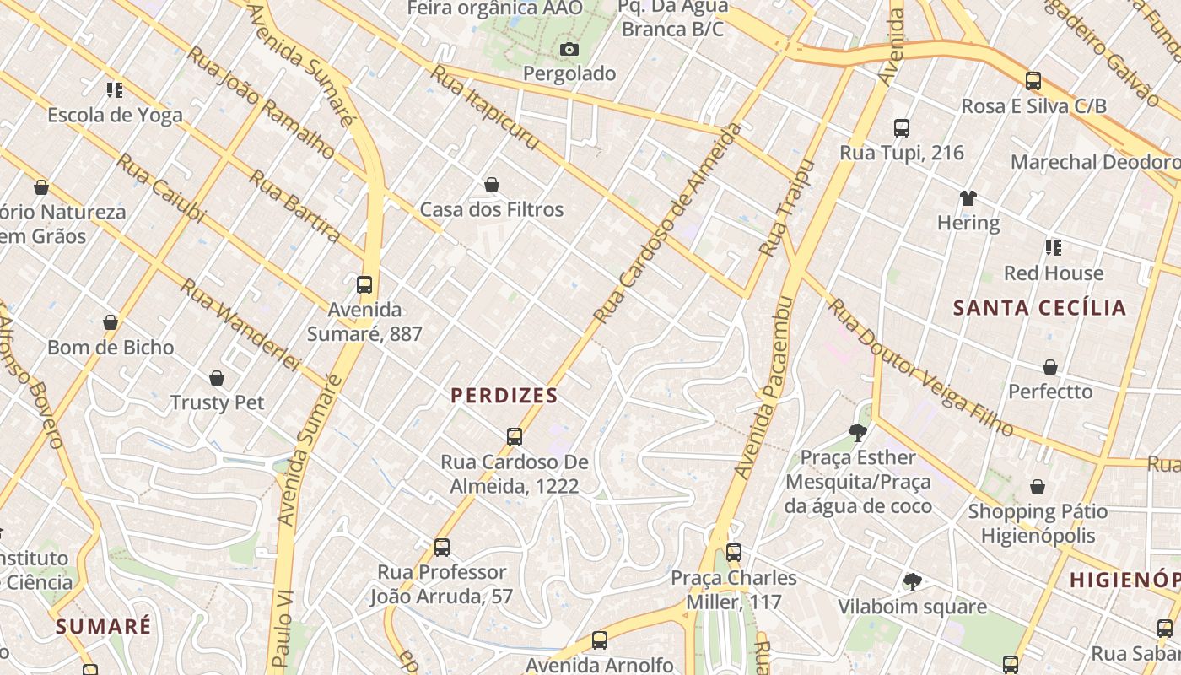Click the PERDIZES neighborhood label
click(504, 396)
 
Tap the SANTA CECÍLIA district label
click(1039, 308)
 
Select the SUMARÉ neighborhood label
click(104, 626)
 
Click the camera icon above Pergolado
click(569, 49)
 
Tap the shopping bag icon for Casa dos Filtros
click(492, 185)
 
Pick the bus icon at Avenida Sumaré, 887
click(364, 285)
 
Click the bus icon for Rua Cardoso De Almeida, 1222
click(515, 437)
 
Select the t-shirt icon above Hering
click(968, 198)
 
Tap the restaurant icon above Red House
click(1053, 248)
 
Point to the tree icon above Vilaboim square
click(912, 581)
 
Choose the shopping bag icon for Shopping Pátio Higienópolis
click(1038, 487)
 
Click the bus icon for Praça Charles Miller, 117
click(734, 553)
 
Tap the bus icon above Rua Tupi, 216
click(902, 128)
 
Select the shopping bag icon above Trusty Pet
click(217, 378)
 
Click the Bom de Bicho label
click(111, 348)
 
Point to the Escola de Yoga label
click(115, 115)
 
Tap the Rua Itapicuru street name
click(484, 108)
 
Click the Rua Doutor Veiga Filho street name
click(919, 368)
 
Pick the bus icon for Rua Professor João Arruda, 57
click(441, 547)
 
